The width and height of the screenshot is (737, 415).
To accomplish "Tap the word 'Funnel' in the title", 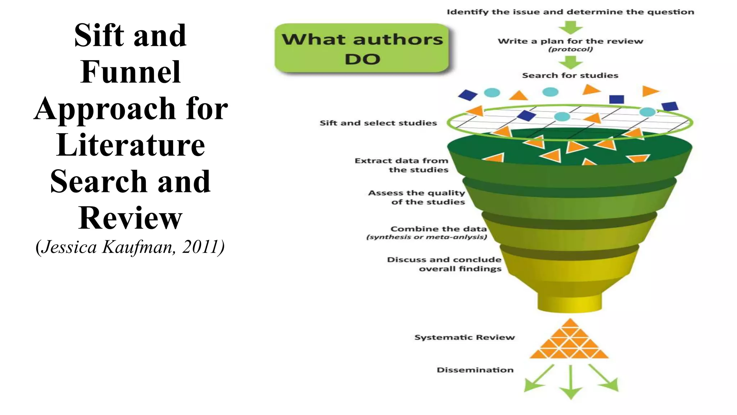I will click(x=130, y=72).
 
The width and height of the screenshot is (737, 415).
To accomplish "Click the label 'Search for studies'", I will click(x=570, y=76).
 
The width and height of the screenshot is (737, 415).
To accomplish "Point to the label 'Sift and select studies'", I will click(x=378, y=123).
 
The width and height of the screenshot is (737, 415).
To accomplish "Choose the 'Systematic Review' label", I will click(x=464, y=338).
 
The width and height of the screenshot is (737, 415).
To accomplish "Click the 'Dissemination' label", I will click(x=475, y=370).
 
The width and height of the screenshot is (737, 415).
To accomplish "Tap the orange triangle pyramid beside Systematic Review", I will click(x=569, y=340).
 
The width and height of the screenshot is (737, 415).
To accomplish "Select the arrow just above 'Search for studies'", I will click(x=571, y=63).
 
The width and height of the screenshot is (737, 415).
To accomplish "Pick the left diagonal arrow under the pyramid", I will click(x=538, y=379).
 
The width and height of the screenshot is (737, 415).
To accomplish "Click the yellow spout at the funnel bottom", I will click(x=570, y=302).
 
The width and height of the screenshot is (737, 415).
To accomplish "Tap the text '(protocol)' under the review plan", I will click(x=570, y=49).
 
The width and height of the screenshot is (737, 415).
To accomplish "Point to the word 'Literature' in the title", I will click(x=131, y=145).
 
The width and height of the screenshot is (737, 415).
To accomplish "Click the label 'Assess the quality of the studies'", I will click(x=417, y=197).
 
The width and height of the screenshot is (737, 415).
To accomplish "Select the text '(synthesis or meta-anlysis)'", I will click(x=426, y=237).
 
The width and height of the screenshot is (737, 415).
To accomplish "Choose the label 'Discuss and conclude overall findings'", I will click(x=444, y=264).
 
